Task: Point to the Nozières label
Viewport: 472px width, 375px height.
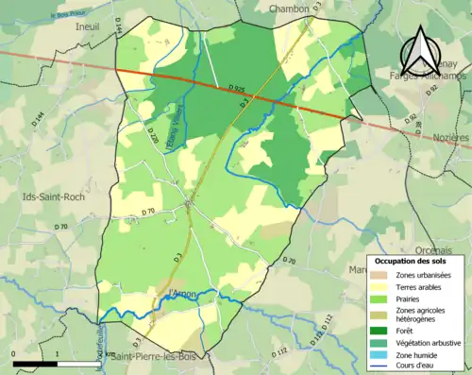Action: click(x=447, y=138)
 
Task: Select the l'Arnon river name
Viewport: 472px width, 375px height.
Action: click(x=180, y=295)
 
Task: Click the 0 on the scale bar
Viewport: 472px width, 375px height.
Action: click(x=14, y=353)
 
